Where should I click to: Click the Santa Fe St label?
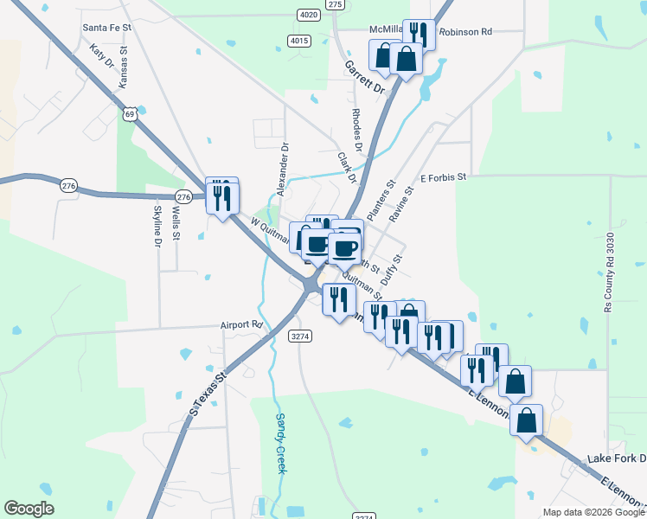tap(106, 28)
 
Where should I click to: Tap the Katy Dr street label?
tap(102, 58)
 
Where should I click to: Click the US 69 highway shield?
tap(130, 113)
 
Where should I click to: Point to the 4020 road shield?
tap(307, 15)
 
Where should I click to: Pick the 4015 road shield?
tap(299, 41)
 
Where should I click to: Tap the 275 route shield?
tap(336, 4)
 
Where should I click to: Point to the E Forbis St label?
tap(443, 176)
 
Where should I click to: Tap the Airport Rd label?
tap(240, 324)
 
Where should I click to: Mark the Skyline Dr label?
tap(157, 226)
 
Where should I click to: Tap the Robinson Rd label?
tap(465, 32)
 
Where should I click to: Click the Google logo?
tap(29, 509)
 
